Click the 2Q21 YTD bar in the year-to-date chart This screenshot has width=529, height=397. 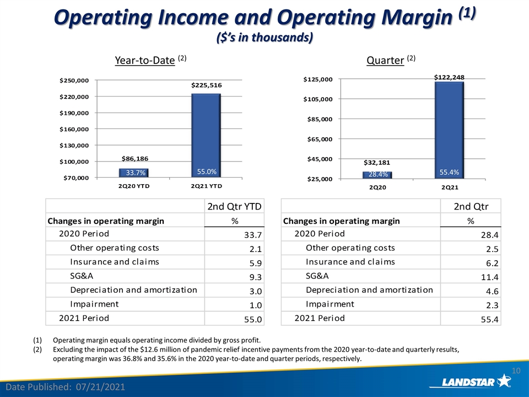(206, 136)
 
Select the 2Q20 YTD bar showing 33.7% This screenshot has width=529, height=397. (134, 173)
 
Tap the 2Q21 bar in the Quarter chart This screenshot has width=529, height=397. (450, 130)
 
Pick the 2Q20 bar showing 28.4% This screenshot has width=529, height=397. (377, 175)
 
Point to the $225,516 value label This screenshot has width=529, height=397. (207, 85)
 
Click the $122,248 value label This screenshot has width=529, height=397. (450, 77)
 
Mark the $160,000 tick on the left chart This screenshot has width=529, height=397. (74, 129)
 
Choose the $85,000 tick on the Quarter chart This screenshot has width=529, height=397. (320, 119)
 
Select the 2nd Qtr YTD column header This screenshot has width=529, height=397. (235, 206)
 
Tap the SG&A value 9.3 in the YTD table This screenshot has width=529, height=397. (255, 277)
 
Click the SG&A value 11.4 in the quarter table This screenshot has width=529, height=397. (490, 277)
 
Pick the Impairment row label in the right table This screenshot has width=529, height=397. (330, 304)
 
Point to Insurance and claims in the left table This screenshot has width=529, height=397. (115, 261)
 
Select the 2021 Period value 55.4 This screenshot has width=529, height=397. (490, 319)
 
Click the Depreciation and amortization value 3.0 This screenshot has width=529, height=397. (255, 291)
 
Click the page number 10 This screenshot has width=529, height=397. (516, 371)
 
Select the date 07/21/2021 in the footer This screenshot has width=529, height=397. (100, 387)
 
